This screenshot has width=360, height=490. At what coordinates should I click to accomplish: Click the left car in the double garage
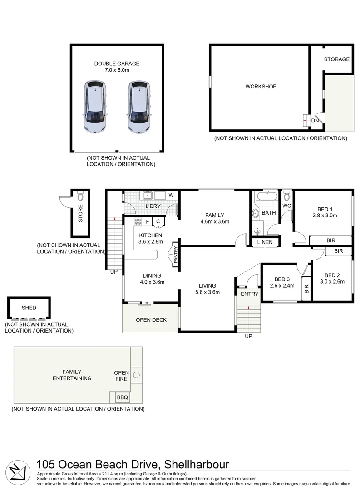pos(95,107)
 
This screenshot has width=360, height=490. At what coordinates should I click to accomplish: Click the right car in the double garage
pos(138,107)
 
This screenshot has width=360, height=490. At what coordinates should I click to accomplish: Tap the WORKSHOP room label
pos(261,86)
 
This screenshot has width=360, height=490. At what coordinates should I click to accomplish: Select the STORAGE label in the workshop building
pos(336,59)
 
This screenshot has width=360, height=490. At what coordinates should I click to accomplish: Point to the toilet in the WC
pos(286,196)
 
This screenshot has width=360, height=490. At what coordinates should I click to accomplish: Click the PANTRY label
pos(175,254)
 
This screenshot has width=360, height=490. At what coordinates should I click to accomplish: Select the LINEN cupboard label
pos(265,242)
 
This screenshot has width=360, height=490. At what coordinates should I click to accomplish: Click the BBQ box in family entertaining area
pos(123,397)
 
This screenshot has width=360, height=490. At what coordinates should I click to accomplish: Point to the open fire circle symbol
pos(137,374)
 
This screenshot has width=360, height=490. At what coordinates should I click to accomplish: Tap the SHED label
pos(29,308)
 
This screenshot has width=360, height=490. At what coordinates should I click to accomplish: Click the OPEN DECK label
pos(151,320)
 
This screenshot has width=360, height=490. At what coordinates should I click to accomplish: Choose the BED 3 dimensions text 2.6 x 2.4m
pos(282,286)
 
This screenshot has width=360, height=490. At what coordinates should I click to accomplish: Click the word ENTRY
pos(250,294)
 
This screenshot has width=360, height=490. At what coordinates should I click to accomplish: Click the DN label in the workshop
pos(315,121)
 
